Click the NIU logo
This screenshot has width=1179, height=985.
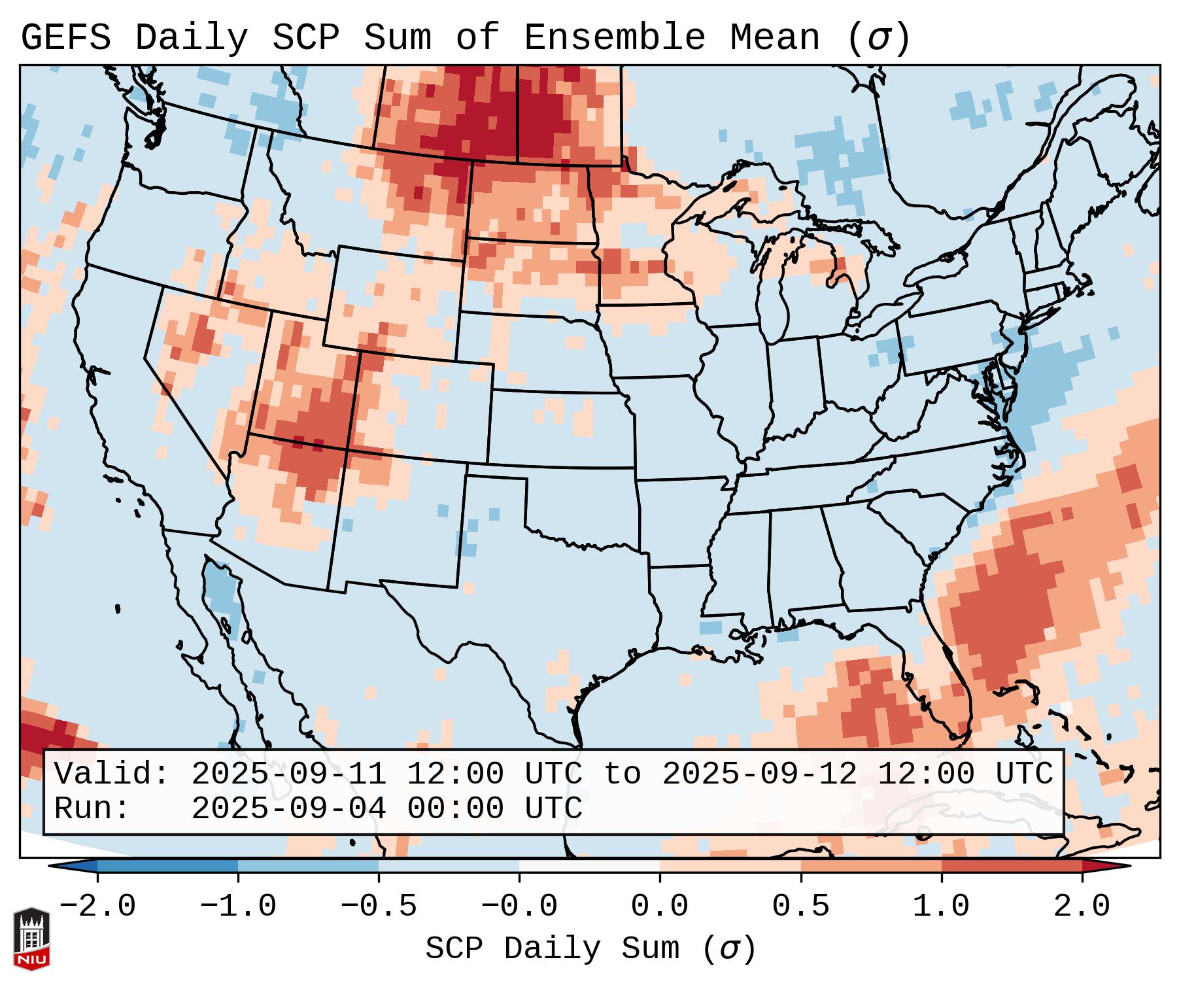[x=31, y=939]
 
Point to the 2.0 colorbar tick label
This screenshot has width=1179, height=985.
[x=1082, y=907]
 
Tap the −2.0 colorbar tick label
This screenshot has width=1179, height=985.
[x=97, y=907]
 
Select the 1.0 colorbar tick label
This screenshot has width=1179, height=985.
[x=941, y=907]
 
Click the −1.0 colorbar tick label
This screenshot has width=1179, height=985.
[x=238, y=907]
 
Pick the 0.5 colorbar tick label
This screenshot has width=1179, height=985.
[x=800, y=907]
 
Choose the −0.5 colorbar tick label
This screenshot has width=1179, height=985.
[x=379, y=907]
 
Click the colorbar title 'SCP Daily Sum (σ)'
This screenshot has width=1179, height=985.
[x=590, y=949]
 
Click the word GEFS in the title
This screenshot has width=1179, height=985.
[x=65, y=38]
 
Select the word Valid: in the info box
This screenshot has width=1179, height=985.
[x=112, y=774]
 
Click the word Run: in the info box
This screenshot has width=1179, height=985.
[x=92, y=808]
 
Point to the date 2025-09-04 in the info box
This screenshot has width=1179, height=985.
[x=288, y=808]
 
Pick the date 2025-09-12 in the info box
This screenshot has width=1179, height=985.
[x=759, y=774]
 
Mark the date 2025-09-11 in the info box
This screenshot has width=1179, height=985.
[x=288, y=774]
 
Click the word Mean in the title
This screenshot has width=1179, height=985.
[x=774, y=38]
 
